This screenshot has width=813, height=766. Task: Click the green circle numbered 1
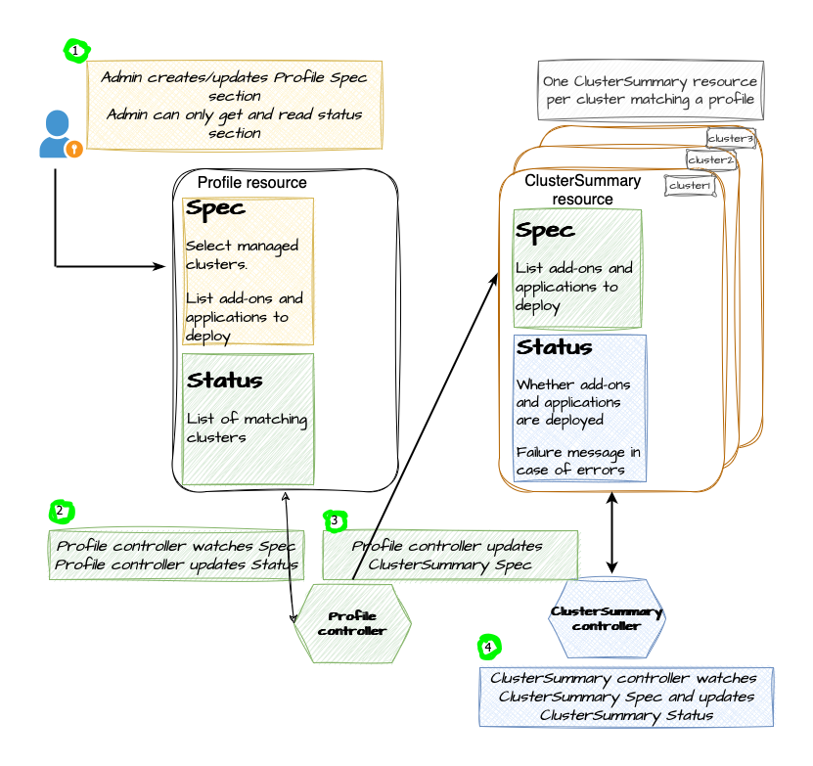tap(75, 50)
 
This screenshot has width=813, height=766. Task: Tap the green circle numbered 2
tap(61, 511)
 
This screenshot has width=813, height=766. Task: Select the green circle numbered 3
tap(336, 521)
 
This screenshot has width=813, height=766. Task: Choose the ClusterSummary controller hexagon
tap(607, 619)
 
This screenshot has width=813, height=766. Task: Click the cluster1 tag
tap(690, 185)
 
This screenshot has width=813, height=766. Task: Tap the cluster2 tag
tap(710, 159)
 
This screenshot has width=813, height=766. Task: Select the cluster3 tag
tap(731, 138)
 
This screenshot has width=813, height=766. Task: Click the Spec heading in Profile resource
tap(215, 209)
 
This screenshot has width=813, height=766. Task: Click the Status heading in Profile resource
tap(224, 381)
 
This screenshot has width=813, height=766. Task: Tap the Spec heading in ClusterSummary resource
tap(546, 231)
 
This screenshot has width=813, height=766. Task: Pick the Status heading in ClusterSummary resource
tap(555, 348)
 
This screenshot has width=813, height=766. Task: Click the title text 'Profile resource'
tap(251, 183)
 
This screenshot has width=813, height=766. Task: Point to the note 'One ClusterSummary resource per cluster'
tap(651, 90)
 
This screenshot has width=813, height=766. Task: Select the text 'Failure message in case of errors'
tap(579, 461)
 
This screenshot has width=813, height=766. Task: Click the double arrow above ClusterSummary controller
tap(612, 533)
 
